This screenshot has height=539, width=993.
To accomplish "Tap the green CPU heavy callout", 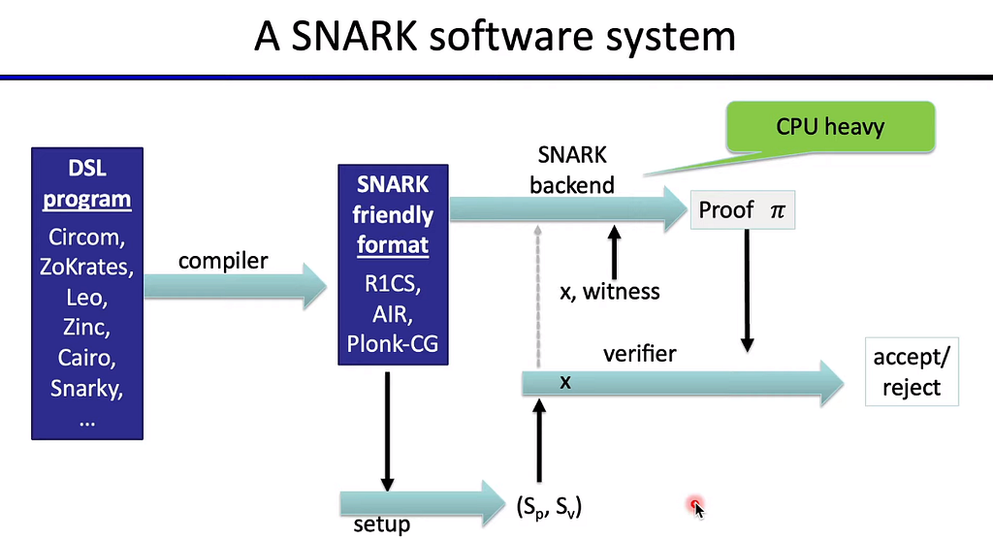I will (x=830, y=127).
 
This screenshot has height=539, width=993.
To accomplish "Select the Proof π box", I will (x=741, y=209).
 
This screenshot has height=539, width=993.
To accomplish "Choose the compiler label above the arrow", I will (x=223, y=261).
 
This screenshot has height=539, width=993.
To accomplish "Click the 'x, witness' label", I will (x=611, y=291).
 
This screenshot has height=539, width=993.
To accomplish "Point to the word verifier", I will (x=639, y=354).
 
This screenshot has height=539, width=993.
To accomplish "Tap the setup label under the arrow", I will (x=381, y=524).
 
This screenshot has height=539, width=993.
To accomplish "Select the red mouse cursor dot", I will (x=694, y=504).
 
